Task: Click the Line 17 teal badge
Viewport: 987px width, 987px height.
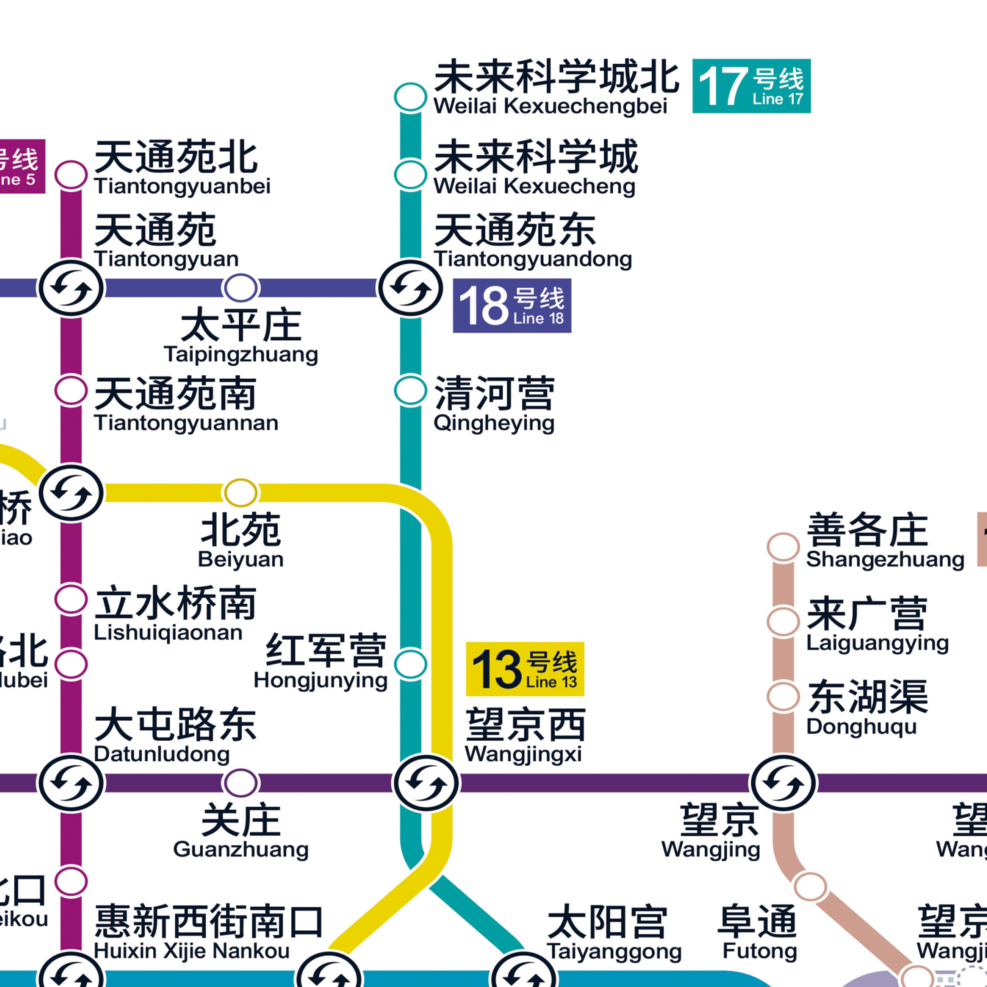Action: [751, 86]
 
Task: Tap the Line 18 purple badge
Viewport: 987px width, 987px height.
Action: [512, 305]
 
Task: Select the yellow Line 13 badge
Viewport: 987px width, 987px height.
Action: [525, 669]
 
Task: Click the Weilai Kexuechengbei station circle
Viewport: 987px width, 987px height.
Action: [410, 97]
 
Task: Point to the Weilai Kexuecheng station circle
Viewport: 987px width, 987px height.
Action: [410, 175]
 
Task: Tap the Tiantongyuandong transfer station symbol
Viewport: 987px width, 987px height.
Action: [410, 288]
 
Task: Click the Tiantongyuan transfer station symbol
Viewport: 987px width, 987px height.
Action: [71, 288]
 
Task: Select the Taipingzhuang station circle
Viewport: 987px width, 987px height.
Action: [241, 288]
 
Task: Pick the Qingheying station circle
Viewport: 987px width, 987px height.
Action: [410, 391]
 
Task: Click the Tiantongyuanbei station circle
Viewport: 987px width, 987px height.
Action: [71, 175]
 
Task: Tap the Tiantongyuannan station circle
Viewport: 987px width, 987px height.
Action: [71, 391]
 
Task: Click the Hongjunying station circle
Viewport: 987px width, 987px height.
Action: [410, 664]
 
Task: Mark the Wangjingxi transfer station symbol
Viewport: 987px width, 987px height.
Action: [426, 783]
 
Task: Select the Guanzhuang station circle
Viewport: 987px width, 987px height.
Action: [241, 783]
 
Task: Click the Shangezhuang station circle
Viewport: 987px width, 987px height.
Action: [783, 547]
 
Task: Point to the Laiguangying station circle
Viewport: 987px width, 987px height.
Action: [783, 622]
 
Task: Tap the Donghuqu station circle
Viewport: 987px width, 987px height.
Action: [783, 697]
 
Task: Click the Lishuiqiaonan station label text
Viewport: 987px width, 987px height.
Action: [175, 613]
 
